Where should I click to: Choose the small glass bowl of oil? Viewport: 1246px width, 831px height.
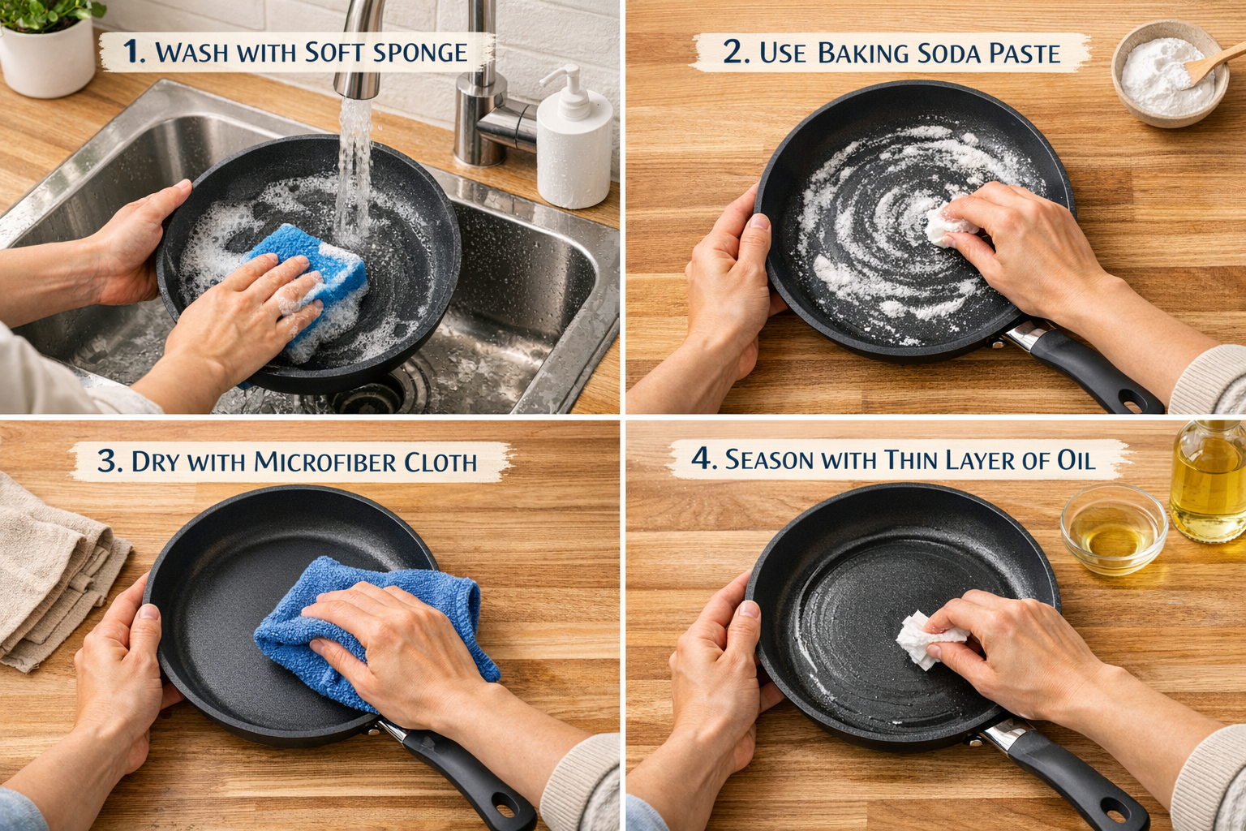coord(1114,532)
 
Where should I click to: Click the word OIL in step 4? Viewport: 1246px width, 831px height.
coord(1076,460)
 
